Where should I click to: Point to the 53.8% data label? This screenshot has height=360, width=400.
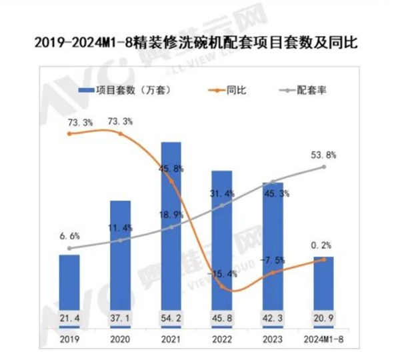pyautogui.click(x=323, y=155)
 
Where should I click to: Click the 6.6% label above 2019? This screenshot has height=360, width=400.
pyautogui.click(x=69, y=236)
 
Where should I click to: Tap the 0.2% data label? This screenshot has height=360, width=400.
pyautogui.click(x=323, y=245)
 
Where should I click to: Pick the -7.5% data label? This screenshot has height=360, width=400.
pyautogui.click(x=273, y=259)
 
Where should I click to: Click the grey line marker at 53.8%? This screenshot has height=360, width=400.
pyautogui.click(x=324, y=167)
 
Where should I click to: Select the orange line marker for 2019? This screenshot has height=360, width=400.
pyautogui.click(x=69, y=134)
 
